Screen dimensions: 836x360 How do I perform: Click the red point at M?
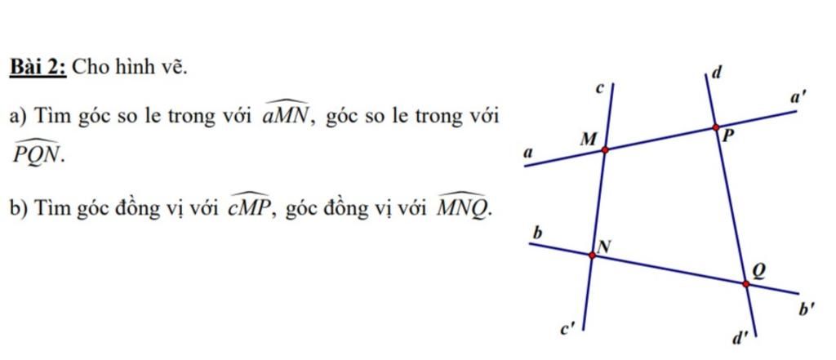click(x=605, y=150)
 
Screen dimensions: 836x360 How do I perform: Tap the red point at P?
click(x=715, y=127)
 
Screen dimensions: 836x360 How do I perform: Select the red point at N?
click(x=592, y=256)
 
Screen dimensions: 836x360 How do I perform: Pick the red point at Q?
click(x=746, y=284)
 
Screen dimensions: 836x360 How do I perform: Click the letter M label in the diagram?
click(x=587, y=140)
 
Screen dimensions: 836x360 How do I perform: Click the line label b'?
click(x=805, y=309)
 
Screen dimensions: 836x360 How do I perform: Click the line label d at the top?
click(x=716, y=73)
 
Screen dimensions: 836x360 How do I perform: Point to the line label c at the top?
click(x=598, y=90)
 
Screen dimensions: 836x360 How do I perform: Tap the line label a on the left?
click(x=528, y=153)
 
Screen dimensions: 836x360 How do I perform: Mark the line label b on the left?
click(x=538, y=233)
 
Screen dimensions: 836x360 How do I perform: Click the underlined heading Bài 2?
click(x=38, y=68)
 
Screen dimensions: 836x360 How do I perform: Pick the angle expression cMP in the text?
click(x=251, y=204)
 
